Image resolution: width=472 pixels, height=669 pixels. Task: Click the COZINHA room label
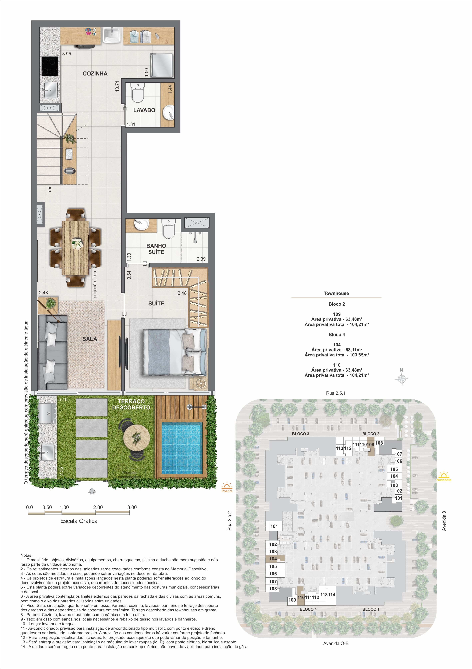(x=95, y=74)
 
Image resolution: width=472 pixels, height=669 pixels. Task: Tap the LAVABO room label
(x=144, y=110)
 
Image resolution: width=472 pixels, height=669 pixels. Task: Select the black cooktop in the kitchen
(x=50, y=66)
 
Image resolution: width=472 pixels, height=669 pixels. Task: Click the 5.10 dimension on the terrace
(x=63, y=399)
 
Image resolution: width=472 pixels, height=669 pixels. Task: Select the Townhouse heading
(x=336, y=293)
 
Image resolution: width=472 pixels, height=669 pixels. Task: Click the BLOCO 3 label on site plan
(x=301, y=434)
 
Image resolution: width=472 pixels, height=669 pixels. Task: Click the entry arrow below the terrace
(x=92, y=491)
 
